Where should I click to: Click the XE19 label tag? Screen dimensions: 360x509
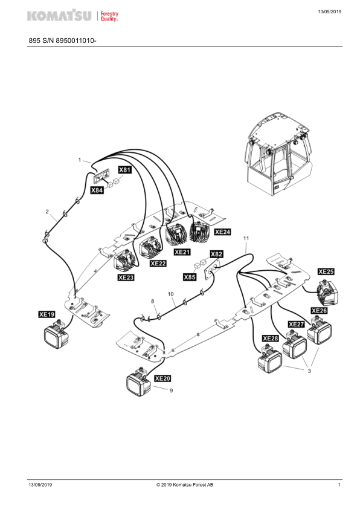click(x=47, y=314)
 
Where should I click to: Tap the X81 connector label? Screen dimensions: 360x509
click(x=124, y=170)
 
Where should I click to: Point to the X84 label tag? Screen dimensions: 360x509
click(x=97, y=190)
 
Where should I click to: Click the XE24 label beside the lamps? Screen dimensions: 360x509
click(x=222, y=232)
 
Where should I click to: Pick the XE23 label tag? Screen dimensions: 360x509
click(x=126, y=277)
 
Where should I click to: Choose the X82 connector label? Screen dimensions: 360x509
click(x=216, y=254)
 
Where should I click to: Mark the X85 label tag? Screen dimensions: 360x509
click(x=190, y=277)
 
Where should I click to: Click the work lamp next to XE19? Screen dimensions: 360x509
click(x=56, y=334)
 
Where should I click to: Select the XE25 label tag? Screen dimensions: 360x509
click(x=326, y=271)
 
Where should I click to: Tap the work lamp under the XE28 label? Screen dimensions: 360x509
click(x=270, y=359)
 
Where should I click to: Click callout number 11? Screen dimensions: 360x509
click(x=246, y=238)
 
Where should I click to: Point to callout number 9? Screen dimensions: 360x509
click(x=172, y=391)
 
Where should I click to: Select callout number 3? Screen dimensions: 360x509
click(x=309, y=371)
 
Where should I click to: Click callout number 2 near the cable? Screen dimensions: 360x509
click(x=47, y=212)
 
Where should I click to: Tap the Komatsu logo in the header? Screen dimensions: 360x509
click(x=59, y=15)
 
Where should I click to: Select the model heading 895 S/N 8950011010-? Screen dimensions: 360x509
click(x=63, y=41)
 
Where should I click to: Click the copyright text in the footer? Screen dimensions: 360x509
click(x=185, y=485)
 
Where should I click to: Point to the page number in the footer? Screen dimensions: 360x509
click(x=339, y=485)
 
